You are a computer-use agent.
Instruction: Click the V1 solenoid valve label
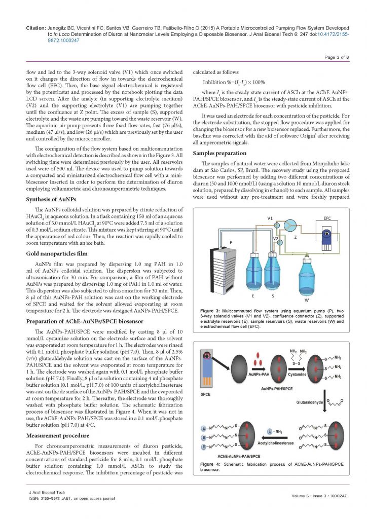[x=271, y=218]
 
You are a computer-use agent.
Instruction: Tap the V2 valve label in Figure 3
[x=275, y=238]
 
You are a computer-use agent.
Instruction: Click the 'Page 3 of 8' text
[x=337, y=57]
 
